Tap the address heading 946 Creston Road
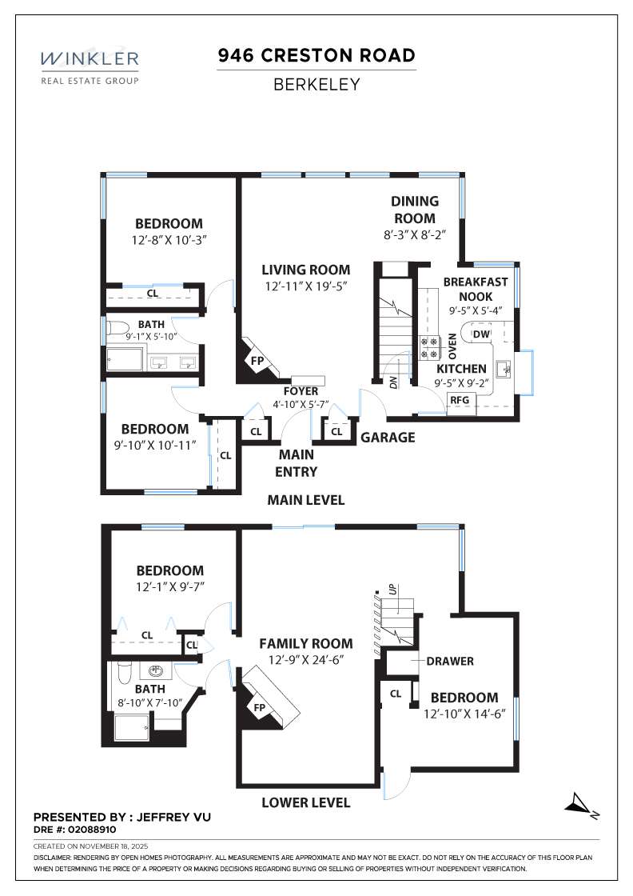[316, 56]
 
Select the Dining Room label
[414, 210]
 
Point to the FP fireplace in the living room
[257, 361]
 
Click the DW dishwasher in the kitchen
[481, 334]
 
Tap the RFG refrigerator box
[460, 400]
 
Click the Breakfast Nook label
[476, 289]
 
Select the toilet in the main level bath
[117, 329]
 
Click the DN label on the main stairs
[393, 382]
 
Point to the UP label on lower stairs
[392, 590]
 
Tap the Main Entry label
[296, 462]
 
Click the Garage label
[388, 438]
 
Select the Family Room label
[305, 643]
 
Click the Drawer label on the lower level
[450, 661]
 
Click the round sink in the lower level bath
[156, 671]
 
